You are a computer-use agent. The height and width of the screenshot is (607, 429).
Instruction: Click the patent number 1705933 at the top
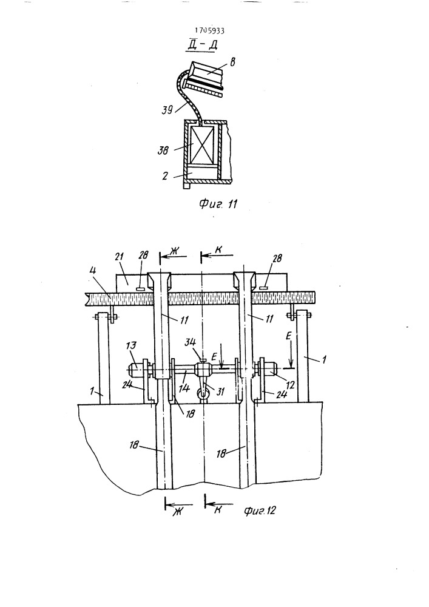(x=209, y=30)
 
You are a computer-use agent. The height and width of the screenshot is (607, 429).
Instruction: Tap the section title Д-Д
(x=203, y=46)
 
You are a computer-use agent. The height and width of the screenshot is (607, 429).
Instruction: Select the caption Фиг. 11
(x=218, y=203)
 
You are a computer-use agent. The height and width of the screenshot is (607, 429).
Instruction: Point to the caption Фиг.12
(x=260, y=510)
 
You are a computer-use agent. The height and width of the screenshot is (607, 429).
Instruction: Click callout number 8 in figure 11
(x=232, y=62)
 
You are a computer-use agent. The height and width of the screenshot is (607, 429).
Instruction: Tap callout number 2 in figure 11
(x=165, y=176)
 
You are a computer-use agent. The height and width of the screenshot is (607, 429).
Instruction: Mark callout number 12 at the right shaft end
(x=291, y=385)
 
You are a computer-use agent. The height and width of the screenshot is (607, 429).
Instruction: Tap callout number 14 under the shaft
(x=185, y=387)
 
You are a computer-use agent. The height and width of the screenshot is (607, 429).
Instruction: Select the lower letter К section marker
(x=218, y=510)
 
